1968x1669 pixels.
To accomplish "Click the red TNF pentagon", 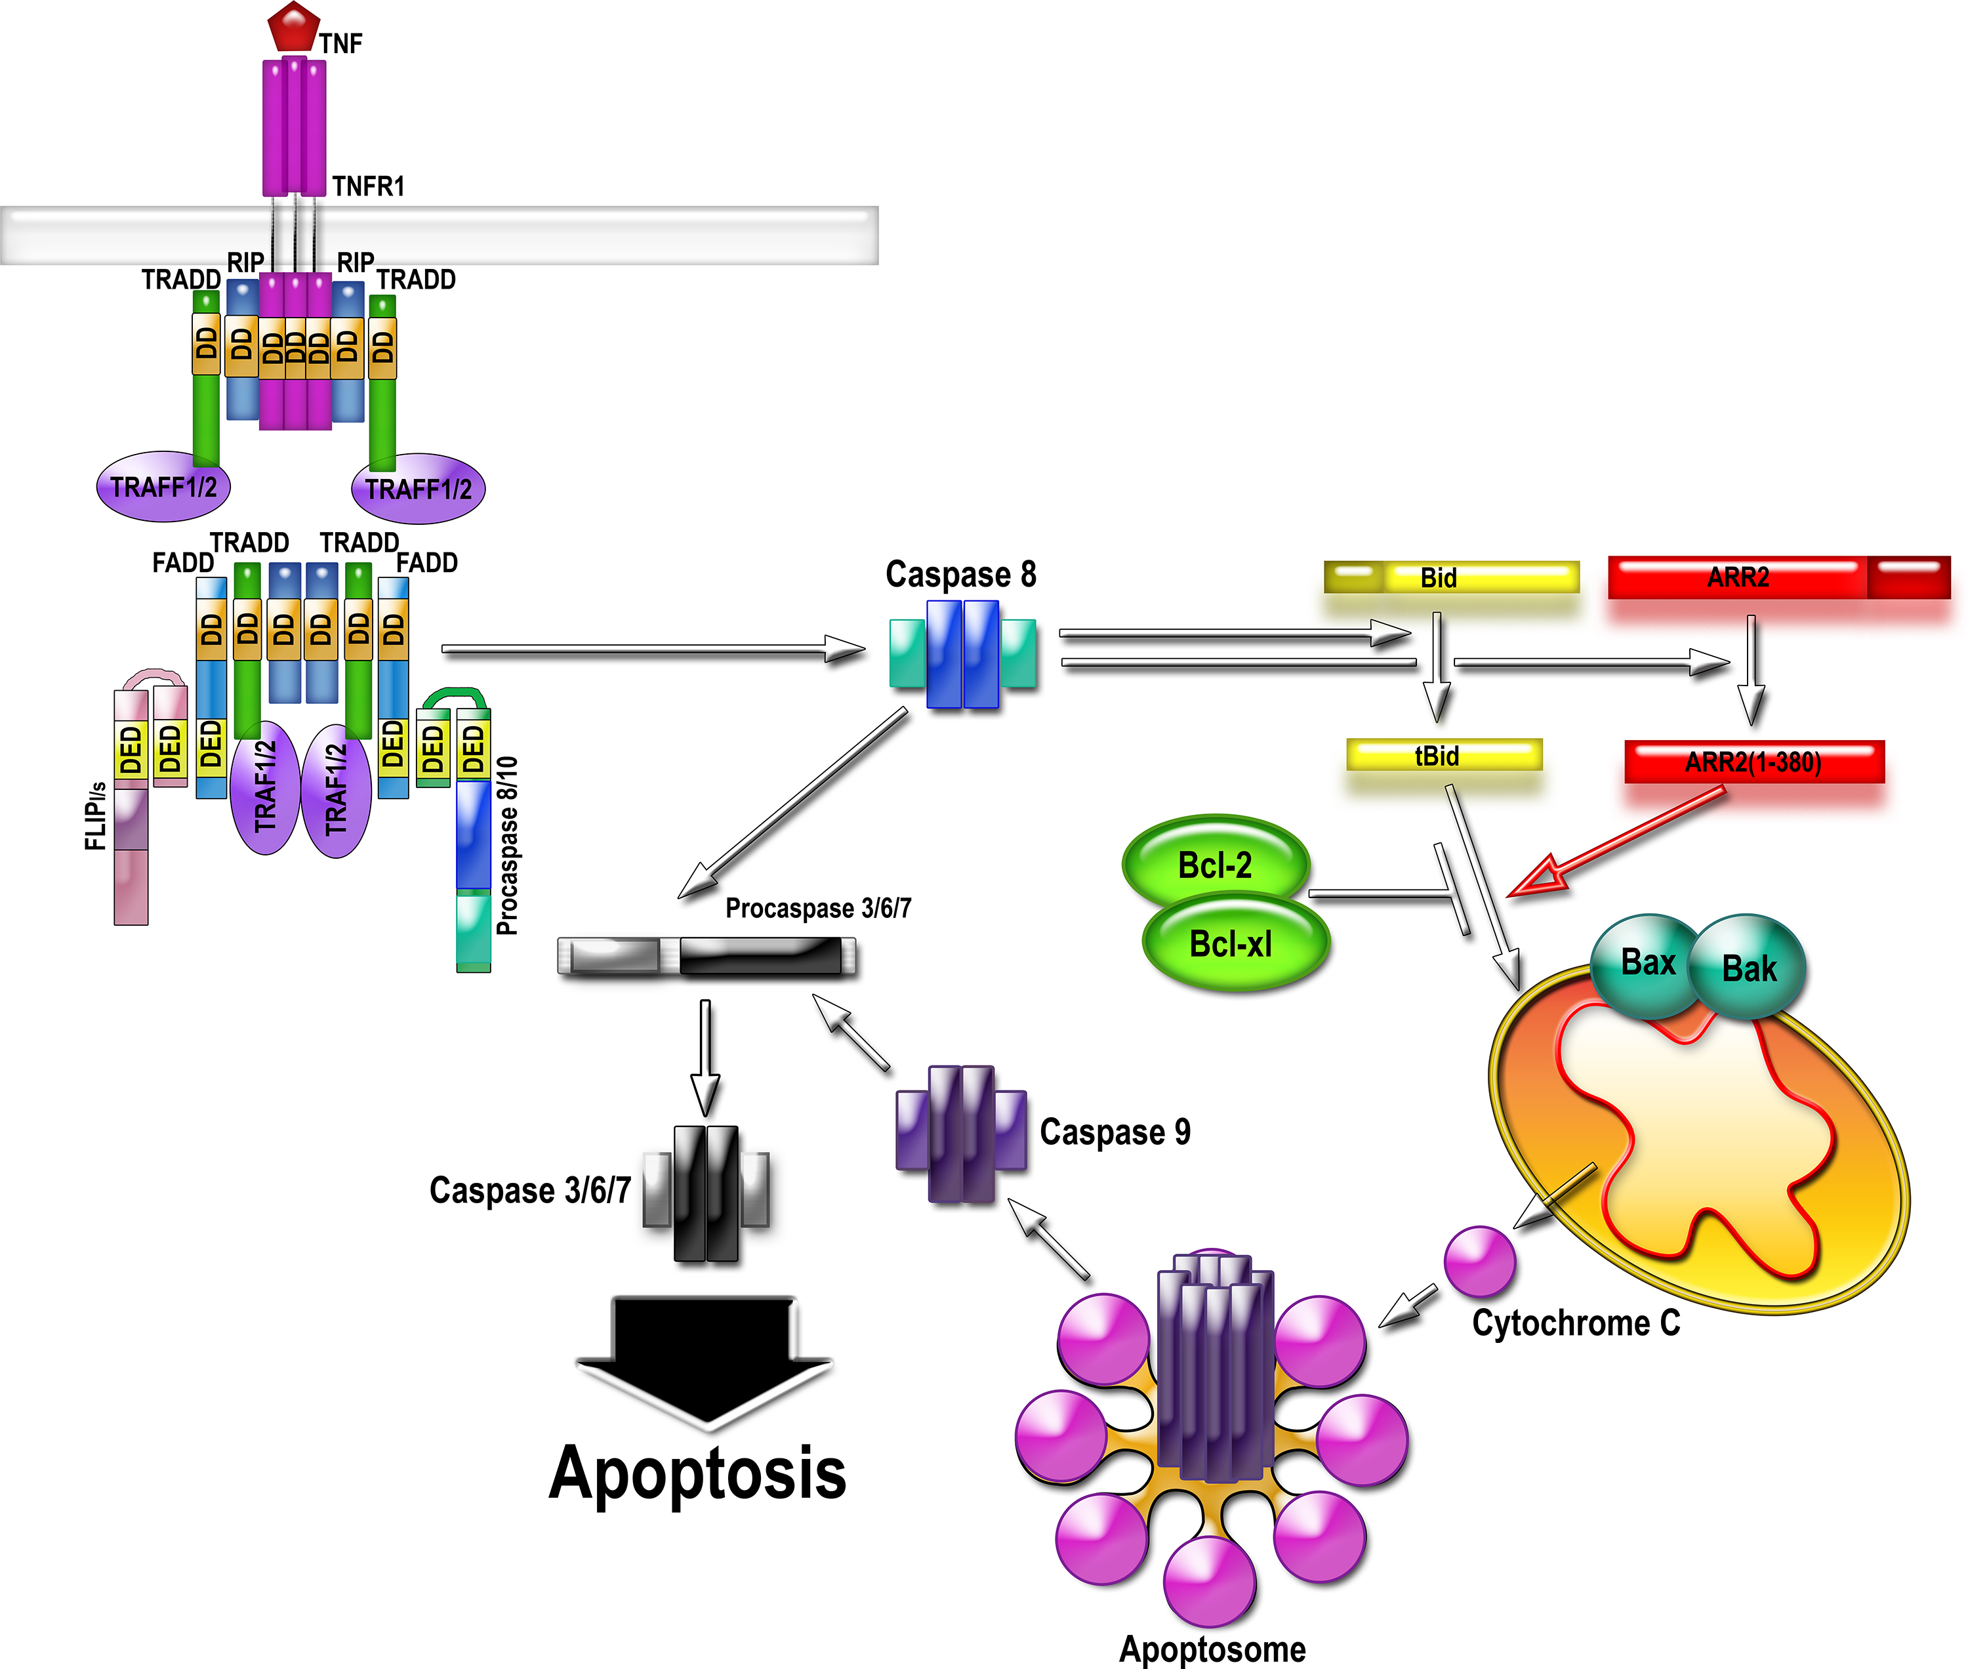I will point(293,26).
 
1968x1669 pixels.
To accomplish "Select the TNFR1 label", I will point(368,186).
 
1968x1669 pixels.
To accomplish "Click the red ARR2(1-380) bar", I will point(1754,762).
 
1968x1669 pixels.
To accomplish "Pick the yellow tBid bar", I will point(1444,755).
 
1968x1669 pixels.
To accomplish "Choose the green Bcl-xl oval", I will point(1234,943).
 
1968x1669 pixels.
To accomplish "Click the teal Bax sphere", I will point(1647,962).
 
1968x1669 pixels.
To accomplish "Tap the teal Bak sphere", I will point(1748,968).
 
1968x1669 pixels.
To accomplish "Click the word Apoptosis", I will point(697,1474).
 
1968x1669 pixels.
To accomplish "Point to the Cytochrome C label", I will point(1575,1323).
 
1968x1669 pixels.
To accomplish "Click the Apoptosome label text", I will point(1212,1648).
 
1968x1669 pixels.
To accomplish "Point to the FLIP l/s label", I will point(96,815).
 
